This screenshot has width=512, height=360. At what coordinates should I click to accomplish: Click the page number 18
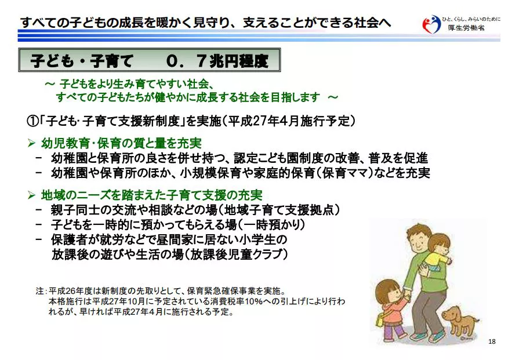coord(492,341)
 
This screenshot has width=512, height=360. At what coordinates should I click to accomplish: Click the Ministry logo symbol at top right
coord(431,24)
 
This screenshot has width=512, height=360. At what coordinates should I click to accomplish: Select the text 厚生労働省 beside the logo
coord(466,28)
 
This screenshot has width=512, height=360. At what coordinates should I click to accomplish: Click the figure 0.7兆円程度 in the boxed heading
coord(217,61)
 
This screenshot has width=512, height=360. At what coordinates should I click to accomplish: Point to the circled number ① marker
coord(32,121)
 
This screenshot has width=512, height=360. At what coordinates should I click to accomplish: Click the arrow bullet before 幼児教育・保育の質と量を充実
coord(31,143)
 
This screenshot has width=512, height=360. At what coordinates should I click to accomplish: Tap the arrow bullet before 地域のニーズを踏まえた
coord(31,195)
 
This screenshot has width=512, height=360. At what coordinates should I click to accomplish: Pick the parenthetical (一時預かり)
coord(271,224)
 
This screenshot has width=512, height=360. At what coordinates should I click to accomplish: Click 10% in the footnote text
coord(254,301)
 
